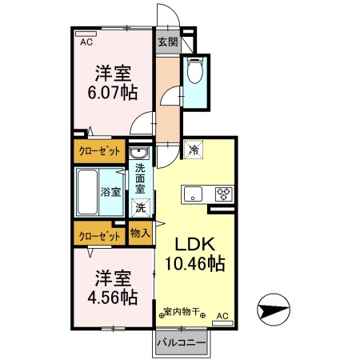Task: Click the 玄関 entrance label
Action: pos(167,42)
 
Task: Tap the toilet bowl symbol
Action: pos(195,70)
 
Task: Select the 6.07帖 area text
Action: pos(113,93)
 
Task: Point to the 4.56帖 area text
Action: pos(113,298)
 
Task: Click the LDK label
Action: pos(194,244)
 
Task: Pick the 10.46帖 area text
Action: pos(195,263)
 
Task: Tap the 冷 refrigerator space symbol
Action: pos(194,150)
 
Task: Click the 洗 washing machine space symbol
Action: pos(141,208)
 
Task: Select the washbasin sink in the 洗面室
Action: pos(139,154)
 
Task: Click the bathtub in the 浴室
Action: pos(87,192)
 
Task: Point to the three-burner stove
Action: pos(224,194)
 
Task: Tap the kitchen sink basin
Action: pos(193,193)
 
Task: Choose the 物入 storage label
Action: pos(140,234)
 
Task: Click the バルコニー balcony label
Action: pos(181,343)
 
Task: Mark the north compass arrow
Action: pos(274,310)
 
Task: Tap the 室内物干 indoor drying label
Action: pos(182,311)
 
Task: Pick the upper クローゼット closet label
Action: pos(99,151)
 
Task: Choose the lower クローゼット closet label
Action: pos(99,236)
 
